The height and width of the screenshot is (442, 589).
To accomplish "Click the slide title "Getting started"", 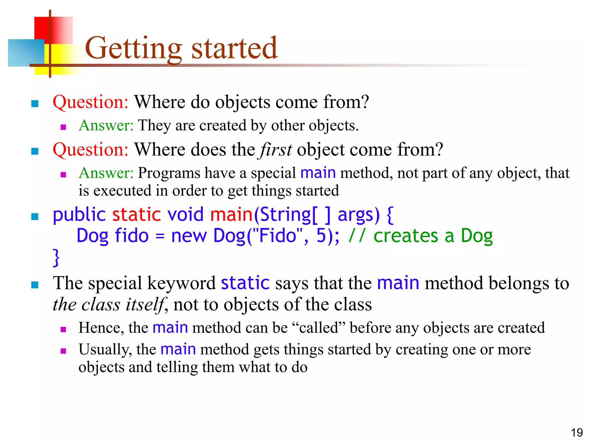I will (181, 48).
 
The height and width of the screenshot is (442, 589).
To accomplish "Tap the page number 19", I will (576, 433).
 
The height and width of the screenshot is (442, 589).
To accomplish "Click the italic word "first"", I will (276, 150).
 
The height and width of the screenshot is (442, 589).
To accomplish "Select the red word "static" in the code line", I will (136, 215).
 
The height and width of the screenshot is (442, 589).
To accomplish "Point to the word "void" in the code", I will (186, 215).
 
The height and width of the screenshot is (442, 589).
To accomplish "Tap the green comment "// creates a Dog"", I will (420, 236).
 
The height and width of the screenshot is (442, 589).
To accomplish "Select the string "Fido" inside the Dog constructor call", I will (278, 236).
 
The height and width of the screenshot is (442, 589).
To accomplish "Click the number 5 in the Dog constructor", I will (321, 236).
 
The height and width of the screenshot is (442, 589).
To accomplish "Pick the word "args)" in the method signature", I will (358, 215).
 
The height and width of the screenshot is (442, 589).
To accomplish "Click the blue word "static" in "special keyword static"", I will (245, 283).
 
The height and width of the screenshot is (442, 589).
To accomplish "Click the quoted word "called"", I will (319, 328).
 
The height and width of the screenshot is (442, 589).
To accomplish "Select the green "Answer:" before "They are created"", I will (106, 125).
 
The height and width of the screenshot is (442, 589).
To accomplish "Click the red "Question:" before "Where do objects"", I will (90, 102).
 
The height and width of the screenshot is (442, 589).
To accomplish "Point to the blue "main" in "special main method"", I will (318, 173).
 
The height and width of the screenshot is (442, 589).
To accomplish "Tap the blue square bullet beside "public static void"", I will (35, 216).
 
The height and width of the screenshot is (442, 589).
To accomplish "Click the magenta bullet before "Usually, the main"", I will (64, 351).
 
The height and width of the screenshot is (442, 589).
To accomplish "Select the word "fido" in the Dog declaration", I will (132, 236).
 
